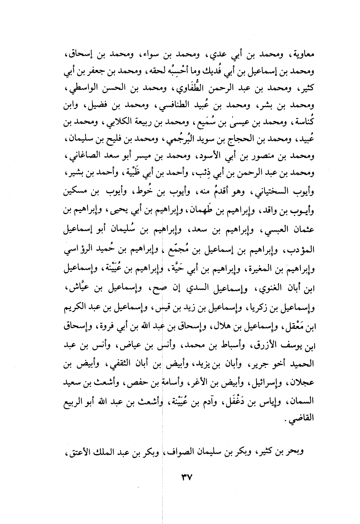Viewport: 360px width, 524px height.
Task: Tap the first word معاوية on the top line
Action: (302, 55)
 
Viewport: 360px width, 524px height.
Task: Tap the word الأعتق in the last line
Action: (77, 452)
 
